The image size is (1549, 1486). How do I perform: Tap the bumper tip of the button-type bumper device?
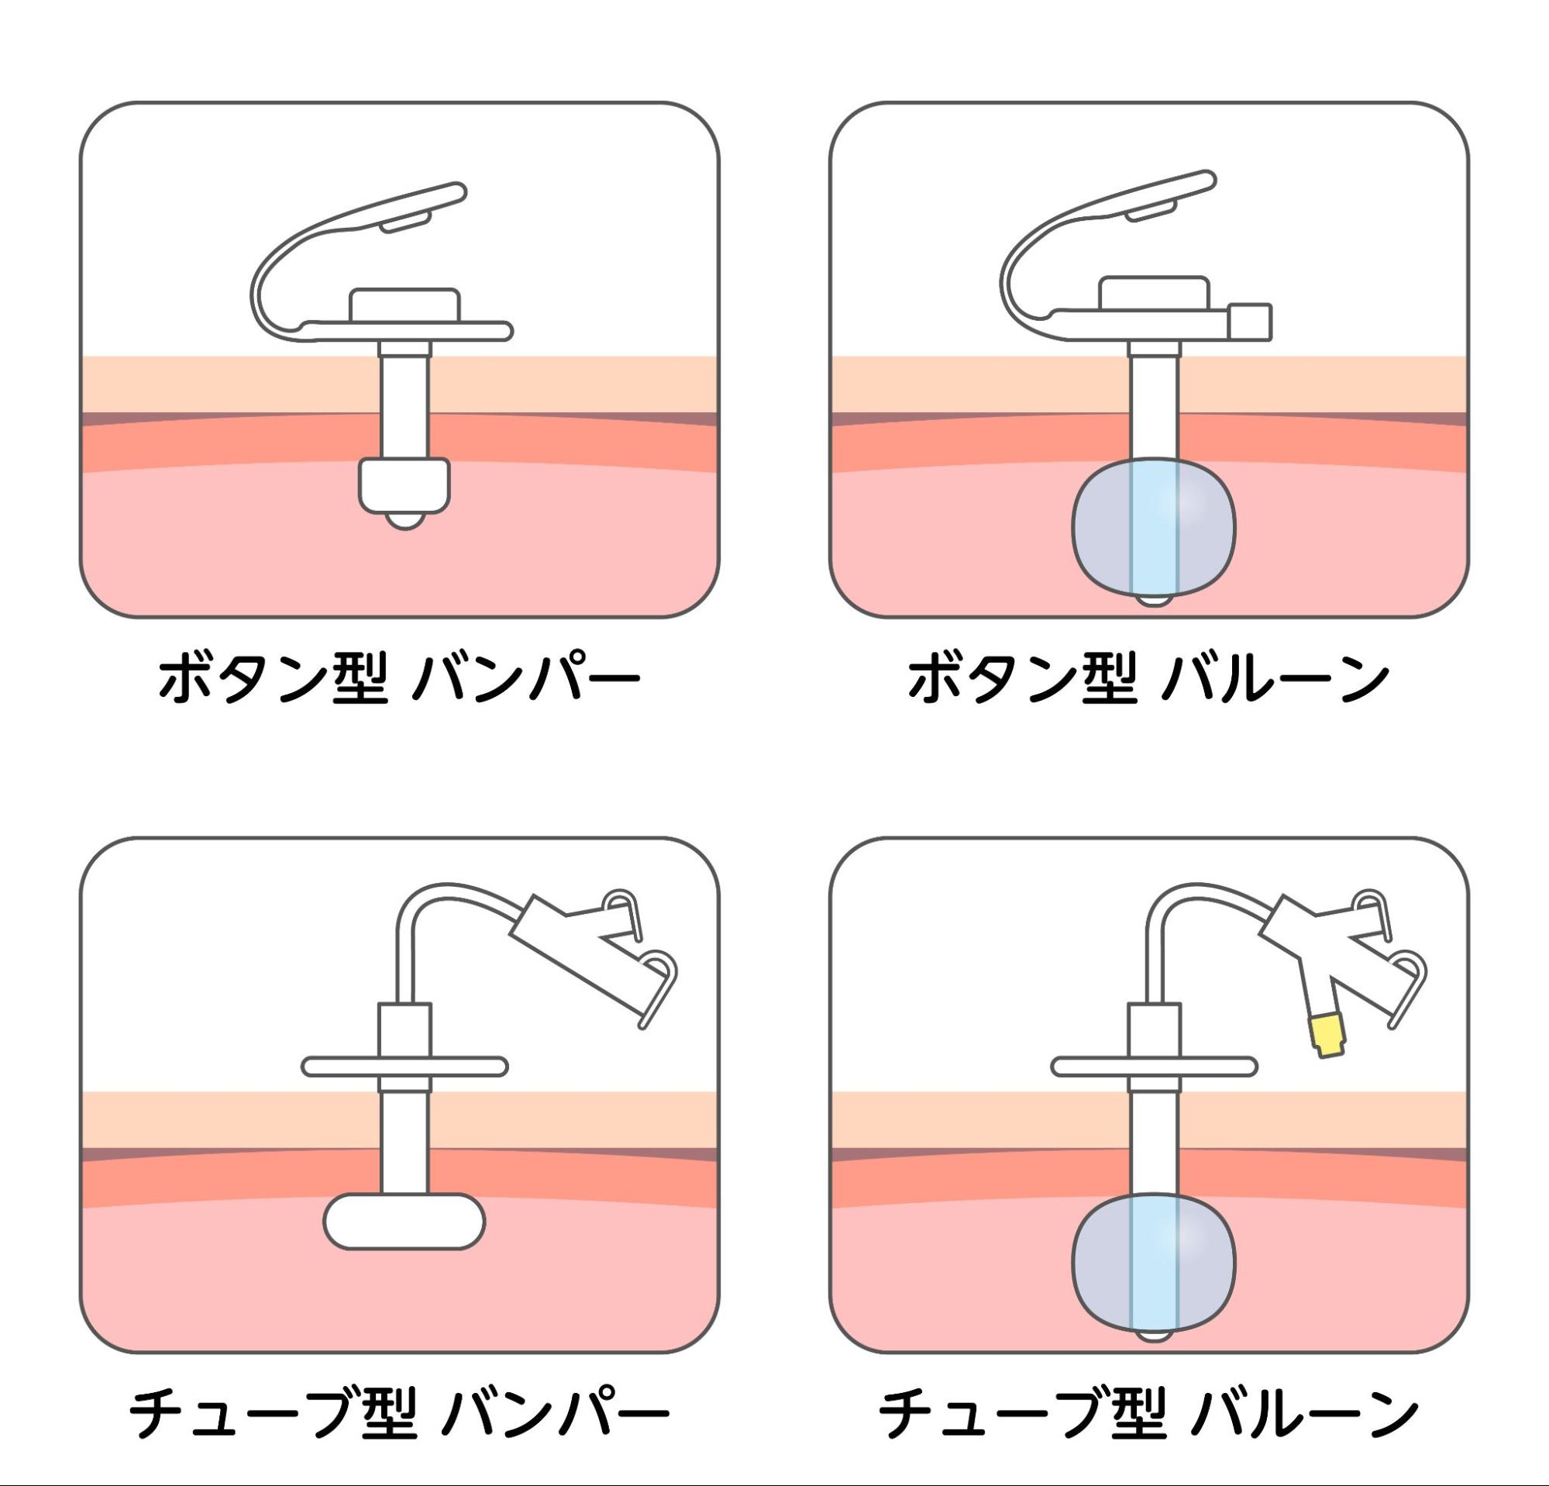404,485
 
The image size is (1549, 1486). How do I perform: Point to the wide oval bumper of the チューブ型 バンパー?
404,1221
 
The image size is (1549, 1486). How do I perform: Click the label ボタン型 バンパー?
399,678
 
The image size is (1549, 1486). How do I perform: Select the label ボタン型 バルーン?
1148,678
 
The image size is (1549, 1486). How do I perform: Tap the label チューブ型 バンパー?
399,1413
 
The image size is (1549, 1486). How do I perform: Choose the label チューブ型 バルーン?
1148,1413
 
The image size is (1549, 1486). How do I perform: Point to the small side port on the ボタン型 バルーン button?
1250,322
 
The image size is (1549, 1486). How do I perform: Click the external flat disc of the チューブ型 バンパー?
404,1067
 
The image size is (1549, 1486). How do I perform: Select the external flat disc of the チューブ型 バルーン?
1154,1067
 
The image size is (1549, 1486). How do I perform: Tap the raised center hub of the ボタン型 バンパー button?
404,305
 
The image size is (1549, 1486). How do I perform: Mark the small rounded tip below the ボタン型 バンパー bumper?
404,520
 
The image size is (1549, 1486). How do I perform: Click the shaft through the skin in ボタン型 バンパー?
404,402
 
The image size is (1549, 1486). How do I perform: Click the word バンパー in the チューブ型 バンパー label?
555,1413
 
